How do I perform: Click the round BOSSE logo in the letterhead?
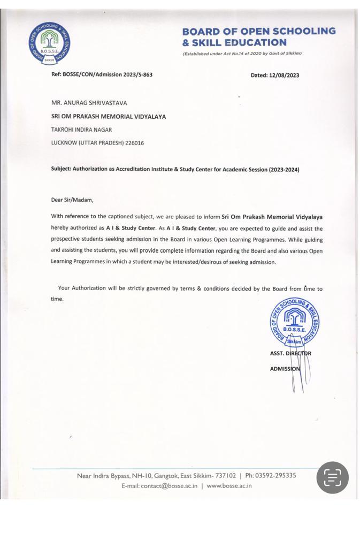50,45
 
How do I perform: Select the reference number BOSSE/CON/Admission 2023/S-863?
108,74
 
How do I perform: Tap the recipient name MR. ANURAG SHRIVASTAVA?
89,103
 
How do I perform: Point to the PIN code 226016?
134,143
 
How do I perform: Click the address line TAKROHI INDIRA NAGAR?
81,130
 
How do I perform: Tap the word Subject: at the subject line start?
61,170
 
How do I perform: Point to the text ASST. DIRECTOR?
290,353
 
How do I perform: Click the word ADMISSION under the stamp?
285,369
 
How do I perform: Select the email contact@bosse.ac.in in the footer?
169,486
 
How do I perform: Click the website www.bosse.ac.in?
229,486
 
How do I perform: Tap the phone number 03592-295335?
277,475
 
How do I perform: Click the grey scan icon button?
332,477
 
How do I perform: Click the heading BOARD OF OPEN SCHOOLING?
259,31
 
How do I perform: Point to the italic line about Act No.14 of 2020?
242,54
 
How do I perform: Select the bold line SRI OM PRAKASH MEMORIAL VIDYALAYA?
109,116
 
